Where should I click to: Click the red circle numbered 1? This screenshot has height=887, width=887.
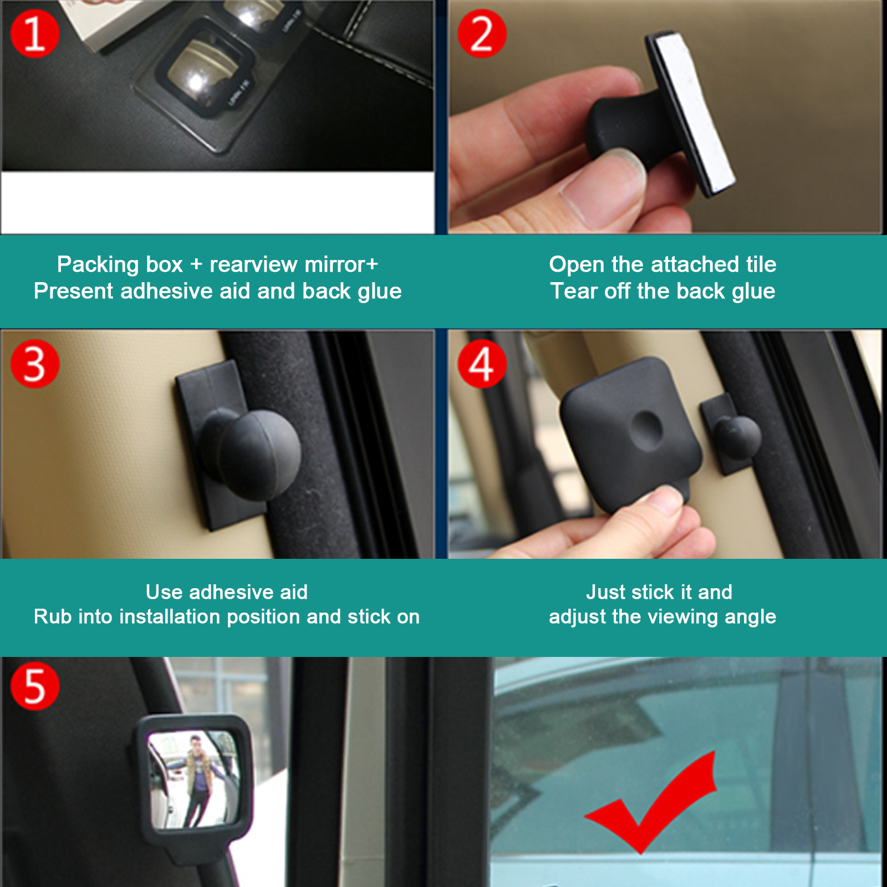(x=34, y=34)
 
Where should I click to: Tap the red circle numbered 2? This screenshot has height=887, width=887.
(x=482, y=34)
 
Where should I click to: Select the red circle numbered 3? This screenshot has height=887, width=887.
(x=34, y=364)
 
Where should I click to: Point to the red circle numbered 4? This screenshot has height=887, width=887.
(x=482, y=364)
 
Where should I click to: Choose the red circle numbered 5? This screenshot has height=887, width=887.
(x=34, y=686)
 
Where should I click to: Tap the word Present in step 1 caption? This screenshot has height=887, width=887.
(x=74, y=291)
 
